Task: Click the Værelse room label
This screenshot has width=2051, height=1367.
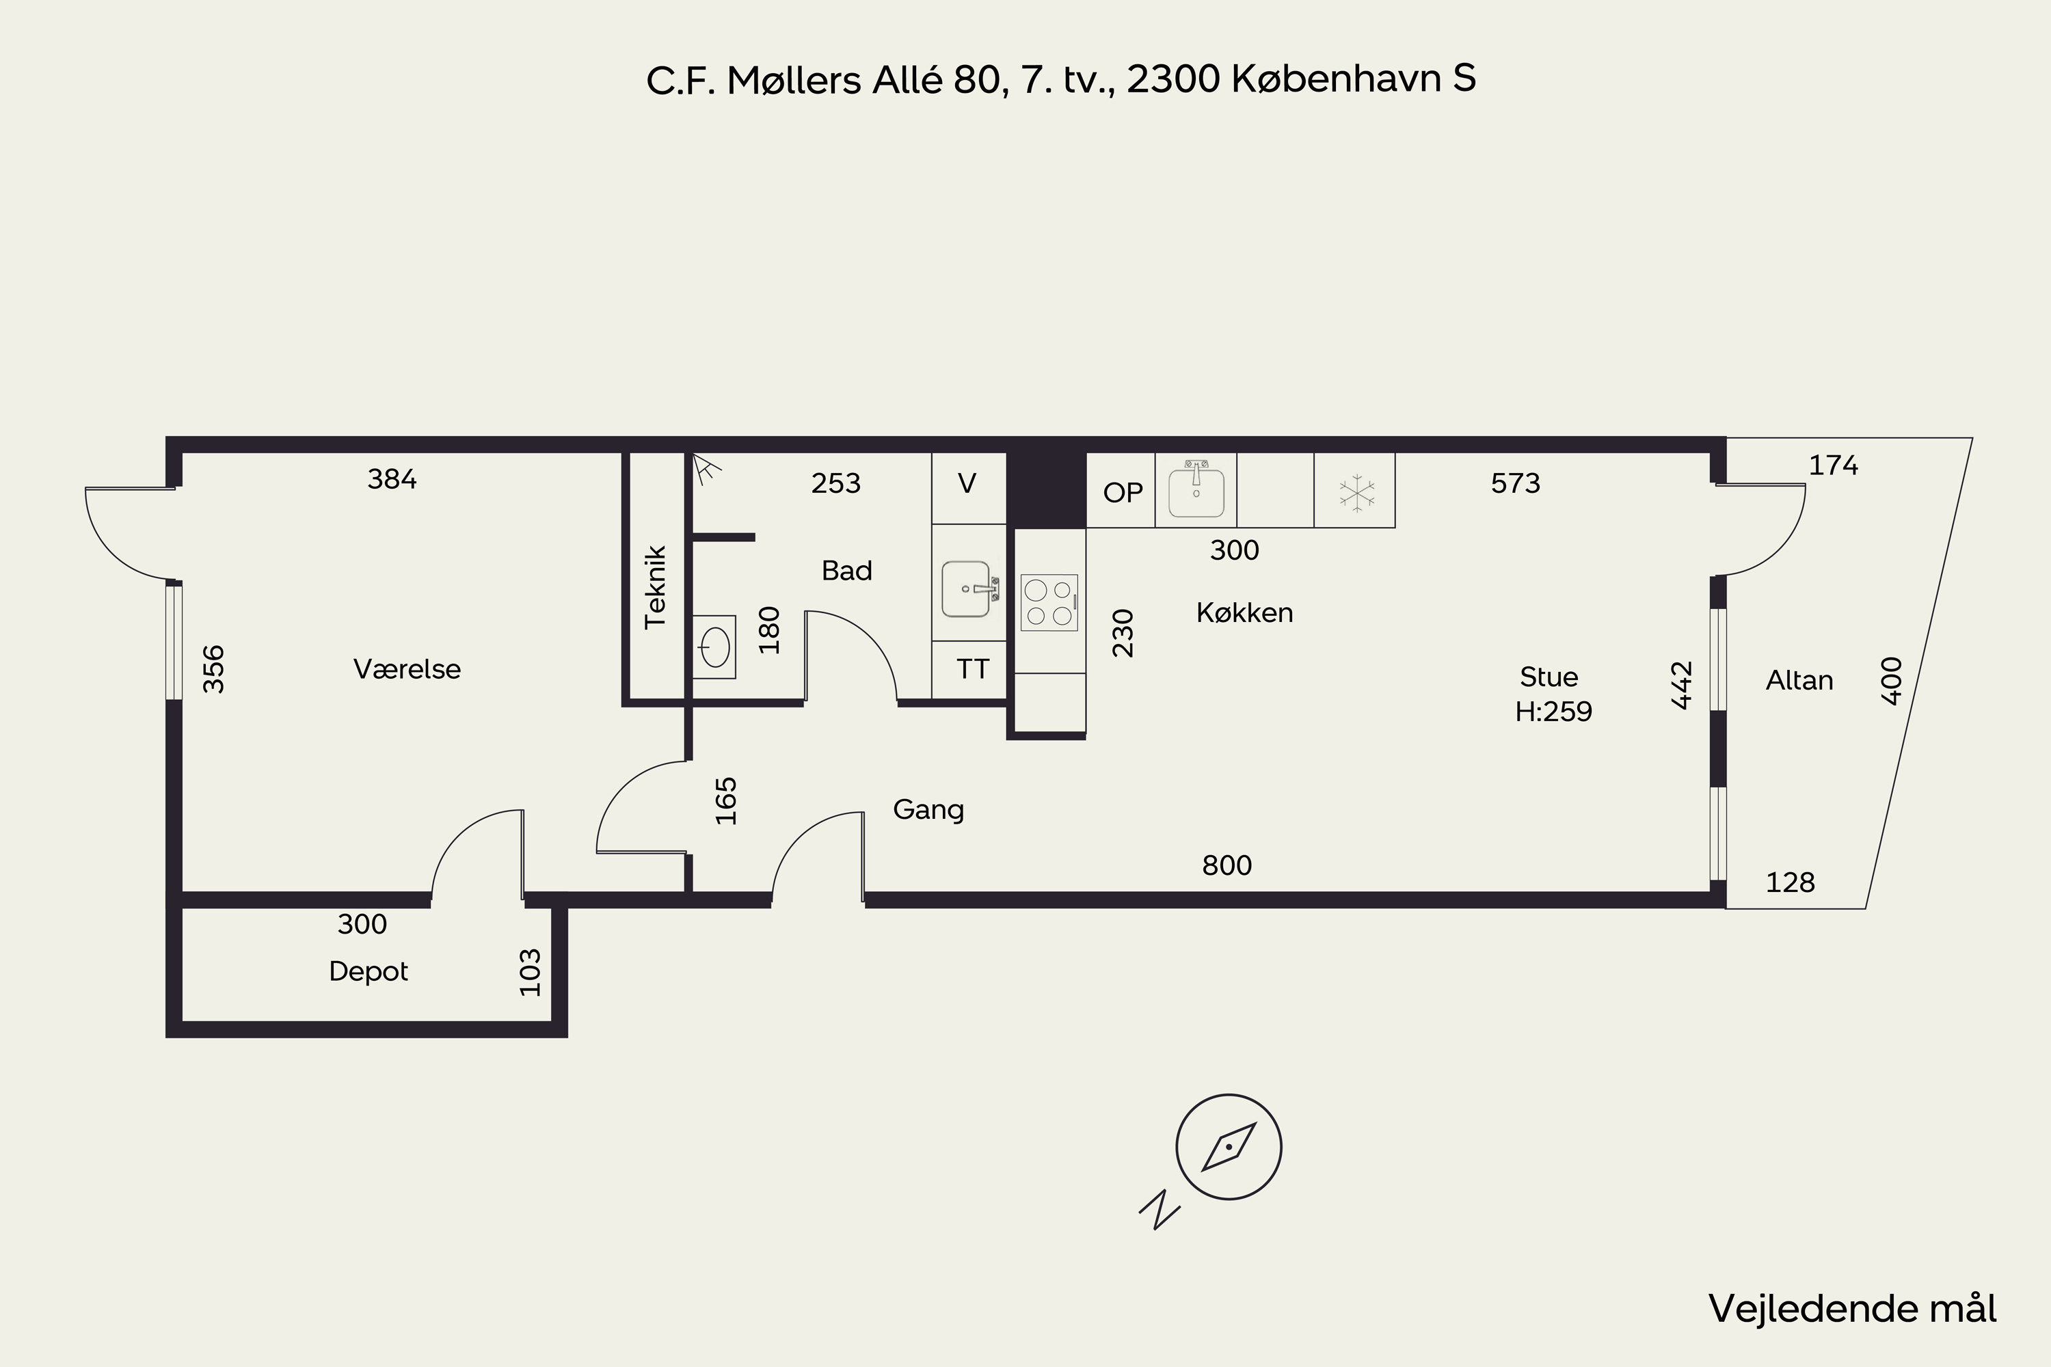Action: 407,668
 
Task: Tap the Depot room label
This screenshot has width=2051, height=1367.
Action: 368,971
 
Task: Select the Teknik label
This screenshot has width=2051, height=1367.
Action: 655,586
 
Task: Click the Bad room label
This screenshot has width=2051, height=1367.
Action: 847,571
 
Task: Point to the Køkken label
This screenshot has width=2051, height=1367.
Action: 1244,613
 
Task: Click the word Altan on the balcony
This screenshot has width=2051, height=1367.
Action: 1799,680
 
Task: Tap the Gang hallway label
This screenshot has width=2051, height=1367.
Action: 928,810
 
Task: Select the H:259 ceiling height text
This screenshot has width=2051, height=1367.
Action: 1553,712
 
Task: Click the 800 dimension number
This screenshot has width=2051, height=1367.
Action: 1227,865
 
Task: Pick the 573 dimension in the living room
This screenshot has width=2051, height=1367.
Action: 1516,483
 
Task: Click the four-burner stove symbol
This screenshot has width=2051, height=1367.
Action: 1049,602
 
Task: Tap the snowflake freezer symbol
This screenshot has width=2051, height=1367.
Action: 1356,493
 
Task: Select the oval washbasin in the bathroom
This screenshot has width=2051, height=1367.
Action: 714,647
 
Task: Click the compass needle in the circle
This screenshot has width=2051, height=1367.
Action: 1229,1146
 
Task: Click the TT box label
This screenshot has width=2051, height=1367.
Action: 973,668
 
